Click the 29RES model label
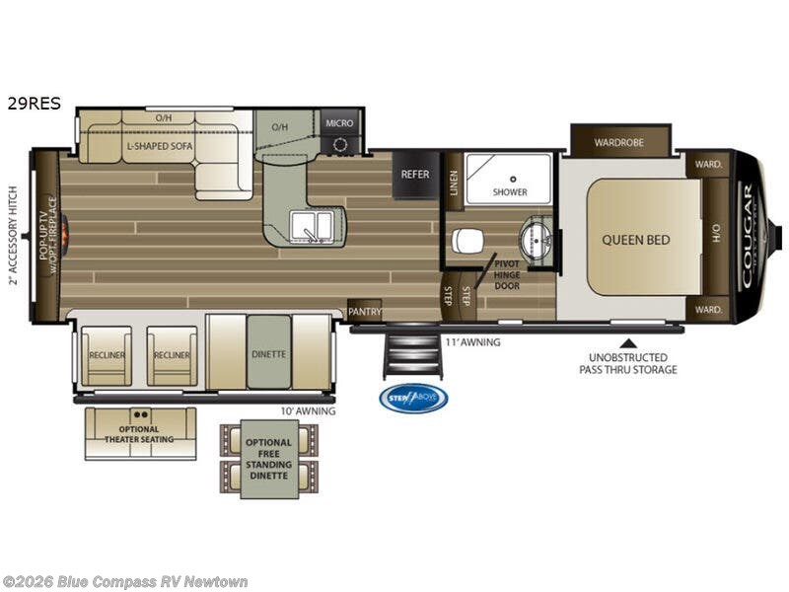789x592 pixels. [32, 100]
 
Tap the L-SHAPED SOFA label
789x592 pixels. [160, 146]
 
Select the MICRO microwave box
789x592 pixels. [339, 123]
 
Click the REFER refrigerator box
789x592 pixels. [415, 175]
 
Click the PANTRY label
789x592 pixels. [364, 311]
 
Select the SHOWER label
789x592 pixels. [510, 191]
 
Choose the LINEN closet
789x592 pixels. [455, 182]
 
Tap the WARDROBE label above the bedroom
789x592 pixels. [619, 142]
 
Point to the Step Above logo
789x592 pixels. [413, 398]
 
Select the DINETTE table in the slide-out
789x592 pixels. [268, 352]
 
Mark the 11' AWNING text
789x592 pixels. [472, 342]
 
